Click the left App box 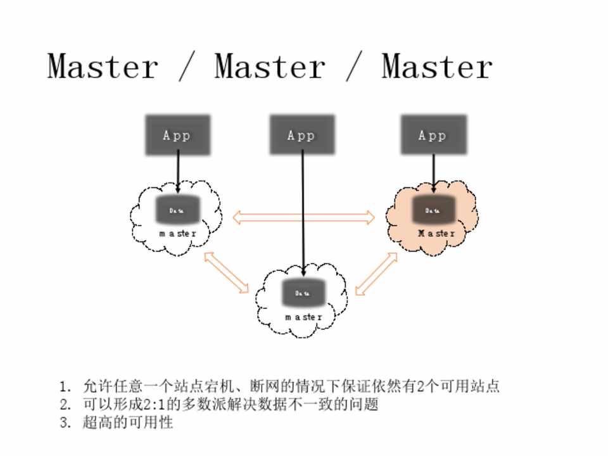click(177, 135)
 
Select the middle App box click(301, 135)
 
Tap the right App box click(433, 135)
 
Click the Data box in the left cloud click(178, 210)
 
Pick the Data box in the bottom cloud click(303, 293)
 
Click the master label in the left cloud click(178, 234)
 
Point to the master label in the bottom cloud click(303, 317)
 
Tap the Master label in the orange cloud click(436, 234)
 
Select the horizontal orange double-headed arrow click(304, 218)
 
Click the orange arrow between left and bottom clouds click(227, 273)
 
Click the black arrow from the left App click(178, 171)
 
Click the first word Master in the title click(103, 66)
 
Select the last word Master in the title click(437, 66)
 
